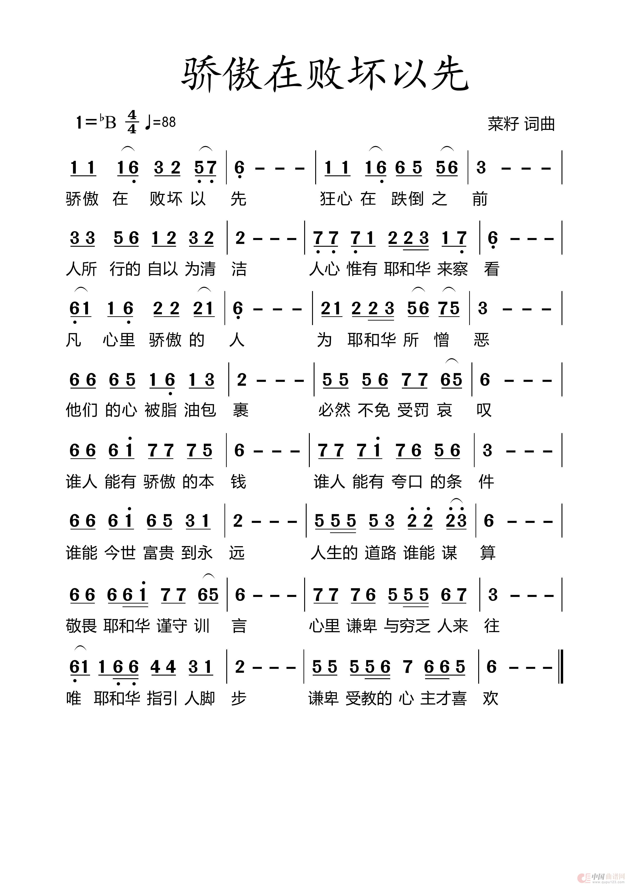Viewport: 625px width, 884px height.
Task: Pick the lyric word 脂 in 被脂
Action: [169, 410]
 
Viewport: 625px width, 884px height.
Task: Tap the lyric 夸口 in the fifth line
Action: [407, 482]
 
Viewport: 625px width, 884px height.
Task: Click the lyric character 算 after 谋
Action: [487, 553]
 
